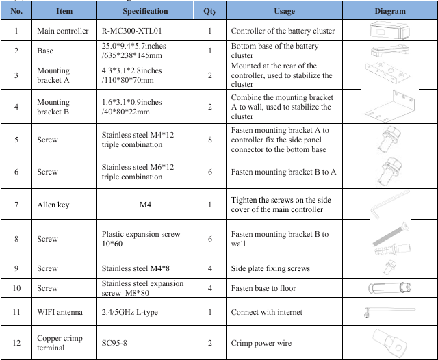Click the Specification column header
click(145, 11)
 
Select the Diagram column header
click(390, 11)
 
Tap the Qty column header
click(209, 11)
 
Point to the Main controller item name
click(62, 31)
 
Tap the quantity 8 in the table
click(209, 140)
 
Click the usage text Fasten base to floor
click(263, 288)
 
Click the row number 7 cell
click(16, 205)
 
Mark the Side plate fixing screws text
click(272, 268)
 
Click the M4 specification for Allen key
click(144, 205)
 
